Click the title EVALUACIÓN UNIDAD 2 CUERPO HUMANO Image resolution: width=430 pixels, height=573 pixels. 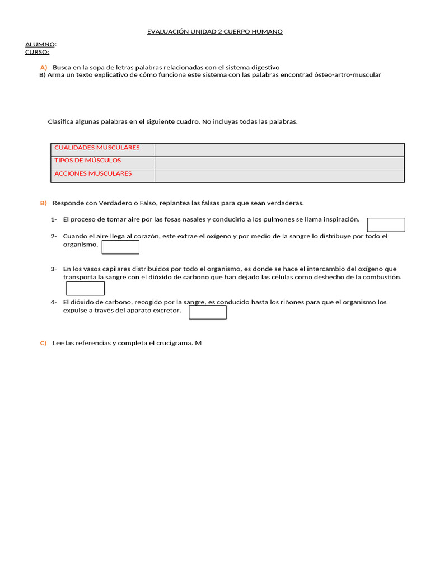[214, 31]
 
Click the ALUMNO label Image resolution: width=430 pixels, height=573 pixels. [40, 44]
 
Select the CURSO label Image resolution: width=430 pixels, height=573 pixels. [37, 52]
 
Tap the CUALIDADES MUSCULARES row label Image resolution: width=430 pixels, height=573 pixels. [97, 148]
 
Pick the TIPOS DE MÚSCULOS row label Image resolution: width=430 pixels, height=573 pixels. [87, 161]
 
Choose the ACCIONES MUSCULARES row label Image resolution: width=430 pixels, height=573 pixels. [93, 173]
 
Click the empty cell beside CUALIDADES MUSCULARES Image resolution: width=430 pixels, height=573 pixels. [279, 150]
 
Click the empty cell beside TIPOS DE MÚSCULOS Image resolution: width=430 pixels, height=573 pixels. [279, 163]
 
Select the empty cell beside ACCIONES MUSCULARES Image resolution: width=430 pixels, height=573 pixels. [279, 176]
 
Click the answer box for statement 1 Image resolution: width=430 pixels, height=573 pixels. [386, 224]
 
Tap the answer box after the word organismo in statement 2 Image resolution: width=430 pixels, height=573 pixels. [120, 247]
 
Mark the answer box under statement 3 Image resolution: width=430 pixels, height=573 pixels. [85, 288]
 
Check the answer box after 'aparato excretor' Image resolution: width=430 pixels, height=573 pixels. [207, 312]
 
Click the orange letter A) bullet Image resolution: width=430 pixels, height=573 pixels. [43, 67]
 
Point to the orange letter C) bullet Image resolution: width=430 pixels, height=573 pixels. [43, 343]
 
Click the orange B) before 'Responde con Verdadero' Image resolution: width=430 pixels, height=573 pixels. [43, 203]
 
